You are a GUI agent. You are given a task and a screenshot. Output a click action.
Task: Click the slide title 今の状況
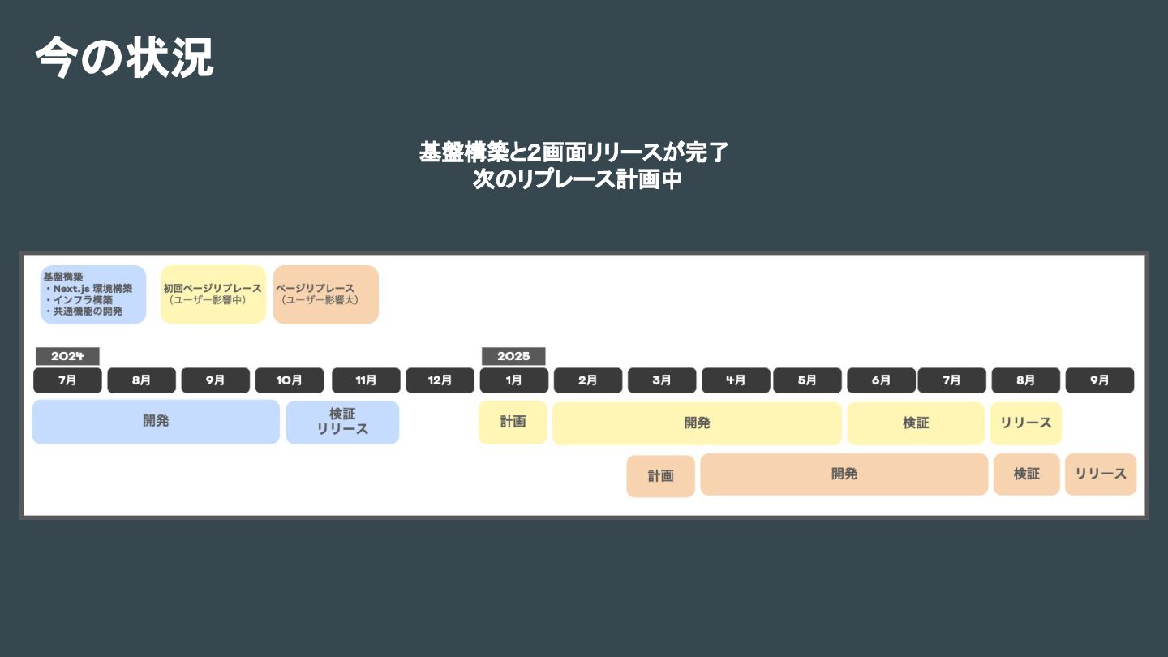(x=124, y=58)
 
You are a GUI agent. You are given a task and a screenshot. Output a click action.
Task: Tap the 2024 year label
(x=67, y=356)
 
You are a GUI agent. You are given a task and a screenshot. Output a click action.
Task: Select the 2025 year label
(x=513, y=356)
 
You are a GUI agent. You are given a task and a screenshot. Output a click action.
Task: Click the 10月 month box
(x=290, y=380)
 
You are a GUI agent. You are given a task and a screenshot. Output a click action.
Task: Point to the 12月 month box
(x=440, y=380)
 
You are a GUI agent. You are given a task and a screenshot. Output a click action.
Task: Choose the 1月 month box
(x=513, y=380)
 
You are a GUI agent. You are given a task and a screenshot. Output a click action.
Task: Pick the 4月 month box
(x=736, y=380)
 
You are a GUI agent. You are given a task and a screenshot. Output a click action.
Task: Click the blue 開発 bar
(x=156, y=422)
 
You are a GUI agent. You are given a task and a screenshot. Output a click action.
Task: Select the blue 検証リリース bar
(x=342, y=422)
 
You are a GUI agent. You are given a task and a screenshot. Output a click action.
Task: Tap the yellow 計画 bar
(x=513, y=422)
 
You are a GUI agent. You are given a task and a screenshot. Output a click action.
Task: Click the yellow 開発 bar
(x=697, y=423)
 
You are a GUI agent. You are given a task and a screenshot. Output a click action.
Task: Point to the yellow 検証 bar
(x=916, y=423)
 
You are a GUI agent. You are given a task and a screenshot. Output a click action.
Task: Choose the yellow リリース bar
(x=1025, y=423)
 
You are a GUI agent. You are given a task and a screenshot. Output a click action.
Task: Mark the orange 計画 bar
(x=660, y=476)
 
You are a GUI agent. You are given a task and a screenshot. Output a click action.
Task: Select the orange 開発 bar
(x=844, y=474)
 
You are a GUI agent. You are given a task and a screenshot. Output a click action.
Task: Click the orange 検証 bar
(x=1026, y=474)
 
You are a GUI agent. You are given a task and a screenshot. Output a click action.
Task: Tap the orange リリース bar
(x=1101, y=474)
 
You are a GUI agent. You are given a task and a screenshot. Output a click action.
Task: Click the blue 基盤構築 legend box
(x=93, y=294)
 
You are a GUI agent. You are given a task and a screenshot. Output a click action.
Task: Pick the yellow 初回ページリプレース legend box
(x=213, y=294)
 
